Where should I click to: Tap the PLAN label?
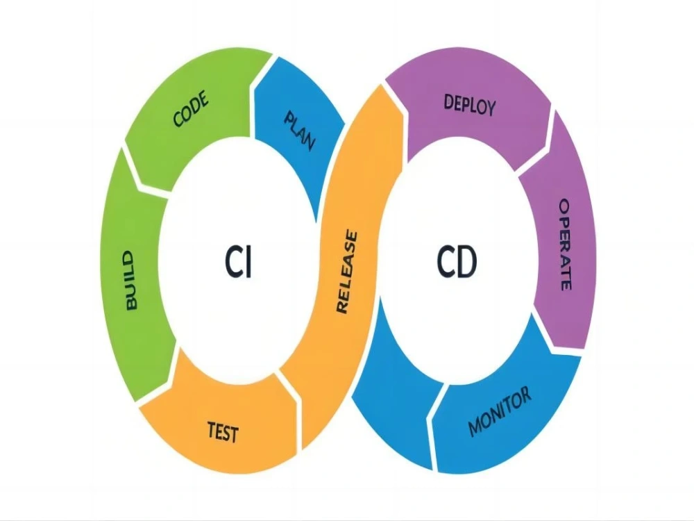coord(300,131)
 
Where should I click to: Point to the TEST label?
coord(223,432)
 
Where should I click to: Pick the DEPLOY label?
coord(470,106)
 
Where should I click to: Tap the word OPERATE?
coord(565,245)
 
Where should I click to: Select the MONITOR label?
coord(500,411)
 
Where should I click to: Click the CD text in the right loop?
coord(457,262)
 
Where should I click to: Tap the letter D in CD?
coord(466,262)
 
